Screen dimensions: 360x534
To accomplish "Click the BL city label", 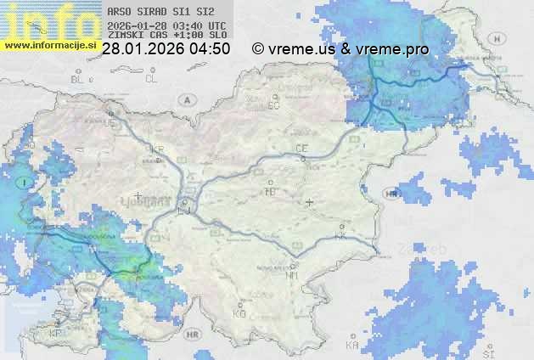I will [x=79, y=79].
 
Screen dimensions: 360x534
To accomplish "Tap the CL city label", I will [x=151, y=79].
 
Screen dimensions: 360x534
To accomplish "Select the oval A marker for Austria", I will [x=186, y=99].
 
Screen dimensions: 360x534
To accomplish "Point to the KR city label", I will [x=156, y=148].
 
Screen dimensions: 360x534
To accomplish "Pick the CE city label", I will [x=301, y=149].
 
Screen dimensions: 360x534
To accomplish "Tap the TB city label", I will [x=271, y=192].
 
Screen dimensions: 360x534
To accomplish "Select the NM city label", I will [x=293, y=275].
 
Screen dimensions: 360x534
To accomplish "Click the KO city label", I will [x=239, y=313].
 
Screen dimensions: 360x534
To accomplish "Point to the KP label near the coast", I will [x=56, y=333].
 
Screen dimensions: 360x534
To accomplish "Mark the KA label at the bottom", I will [x=351, y=346].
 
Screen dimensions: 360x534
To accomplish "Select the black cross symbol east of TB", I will [x=310, y=202].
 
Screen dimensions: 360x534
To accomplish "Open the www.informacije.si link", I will [x=49, y=44].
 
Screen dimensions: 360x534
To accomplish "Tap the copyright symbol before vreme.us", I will [x=257, y=49].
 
